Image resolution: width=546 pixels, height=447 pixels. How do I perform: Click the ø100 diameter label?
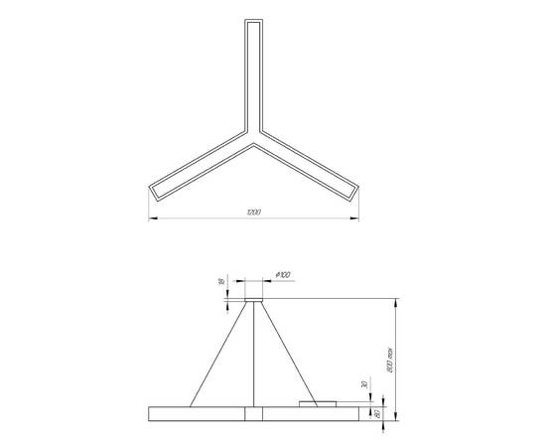click(283, 273)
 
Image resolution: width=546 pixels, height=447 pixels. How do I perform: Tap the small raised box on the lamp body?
click(318, 402)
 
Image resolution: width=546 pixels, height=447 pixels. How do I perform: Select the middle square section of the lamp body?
click(254, 413)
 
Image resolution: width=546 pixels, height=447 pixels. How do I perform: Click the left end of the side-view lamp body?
click(151, 413)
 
